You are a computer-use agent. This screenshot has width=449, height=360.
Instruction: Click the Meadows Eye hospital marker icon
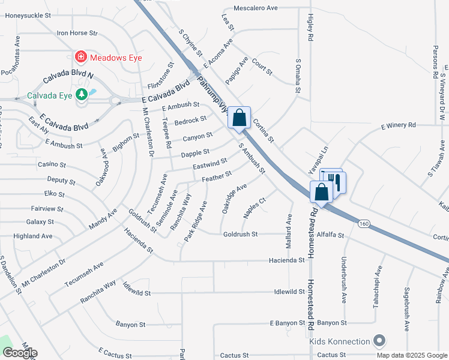coord(80,57)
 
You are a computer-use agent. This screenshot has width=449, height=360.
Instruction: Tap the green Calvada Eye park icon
coord(81,95)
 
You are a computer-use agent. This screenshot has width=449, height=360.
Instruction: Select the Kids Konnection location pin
coord(378,341)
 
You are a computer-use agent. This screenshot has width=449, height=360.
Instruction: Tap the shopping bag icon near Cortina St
coord(240,118)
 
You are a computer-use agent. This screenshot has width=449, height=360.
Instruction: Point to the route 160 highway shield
coord(363,224)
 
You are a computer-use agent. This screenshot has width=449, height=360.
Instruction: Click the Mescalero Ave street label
coord(255,8)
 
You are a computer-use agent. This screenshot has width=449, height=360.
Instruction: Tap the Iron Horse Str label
coord(77,33)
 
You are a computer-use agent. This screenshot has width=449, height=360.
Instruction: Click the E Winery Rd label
coord(399,125)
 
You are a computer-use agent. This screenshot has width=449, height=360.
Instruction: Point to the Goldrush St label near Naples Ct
coord(240,234)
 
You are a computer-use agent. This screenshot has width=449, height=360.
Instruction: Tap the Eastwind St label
coord(210,163)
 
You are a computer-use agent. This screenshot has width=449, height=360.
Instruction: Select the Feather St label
coord(217,176)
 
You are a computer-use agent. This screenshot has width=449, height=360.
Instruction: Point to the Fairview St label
coord(47,209)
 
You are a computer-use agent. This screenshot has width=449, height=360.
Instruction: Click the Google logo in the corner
coord(20,353)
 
